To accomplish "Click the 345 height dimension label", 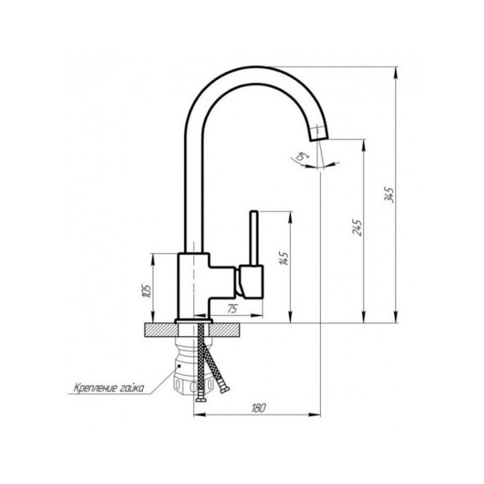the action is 389,194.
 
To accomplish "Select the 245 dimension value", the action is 357,227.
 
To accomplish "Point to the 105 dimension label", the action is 147,290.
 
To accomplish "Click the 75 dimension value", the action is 233,308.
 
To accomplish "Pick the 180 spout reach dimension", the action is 259,408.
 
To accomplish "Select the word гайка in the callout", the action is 131,388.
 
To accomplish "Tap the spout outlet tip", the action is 319,138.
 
